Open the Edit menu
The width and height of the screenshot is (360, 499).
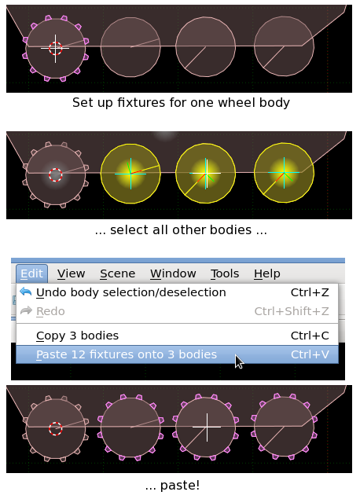click(31, 273)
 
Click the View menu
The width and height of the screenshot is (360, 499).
click(71, 273)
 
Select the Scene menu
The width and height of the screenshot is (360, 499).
click(117, 273)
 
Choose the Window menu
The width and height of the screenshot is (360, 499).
click(173, 273)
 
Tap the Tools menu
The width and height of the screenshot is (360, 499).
click(224, 273)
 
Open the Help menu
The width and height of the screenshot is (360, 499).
click(267, 273)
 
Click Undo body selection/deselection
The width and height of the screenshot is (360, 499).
click(130, 292)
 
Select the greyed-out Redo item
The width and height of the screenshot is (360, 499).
click(50, 311)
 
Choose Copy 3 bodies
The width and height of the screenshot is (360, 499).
click(77, 336)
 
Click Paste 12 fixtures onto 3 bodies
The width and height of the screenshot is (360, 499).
click(127, 354)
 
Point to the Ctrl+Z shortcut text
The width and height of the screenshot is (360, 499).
click(310, 292)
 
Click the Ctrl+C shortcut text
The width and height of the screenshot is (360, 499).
click(310, 336)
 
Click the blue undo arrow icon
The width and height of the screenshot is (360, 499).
click(25, 292)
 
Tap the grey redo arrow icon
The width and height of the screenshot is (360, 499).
click(26, 310)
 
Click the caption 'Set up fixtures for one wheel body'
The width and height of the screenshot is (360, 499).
click(181, 103)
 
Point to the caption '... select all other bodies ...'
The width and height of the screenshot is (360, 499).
click(181, 229)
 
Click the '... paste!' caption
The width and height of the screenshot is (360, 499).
click(172, 486)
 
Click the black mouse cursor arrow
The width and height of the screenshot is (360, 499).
click(239, 361)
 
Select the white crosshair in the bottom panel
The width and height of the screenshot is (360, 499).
click(207, 427)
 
